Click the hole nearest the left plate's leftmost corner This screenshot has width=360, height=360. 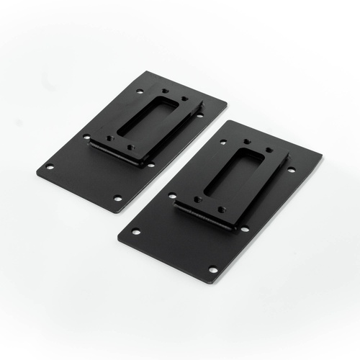(50, 167)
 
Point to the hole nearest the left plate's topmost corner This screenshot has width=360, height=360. (140, 91)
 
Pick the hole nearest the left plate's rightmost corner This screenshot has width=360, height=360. (199, 115)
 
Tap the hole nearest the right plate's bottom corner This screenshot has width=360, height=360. (212, 269)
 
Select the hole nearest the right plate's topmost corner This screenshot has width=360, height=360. (222, 142)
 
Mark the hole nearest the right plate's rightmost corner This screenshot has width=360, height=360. (291, 170)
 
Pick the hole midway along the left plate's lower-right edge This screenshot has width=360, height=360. (151, 165)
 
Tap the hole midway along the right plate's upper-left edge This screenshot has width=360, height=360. (172, 194)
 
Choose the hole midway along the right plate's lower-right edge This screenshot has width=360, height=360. (245, 229)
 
